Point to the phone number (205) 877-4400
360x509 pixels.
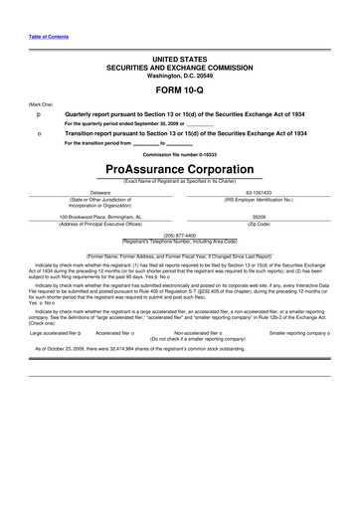tap(179, 236)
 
